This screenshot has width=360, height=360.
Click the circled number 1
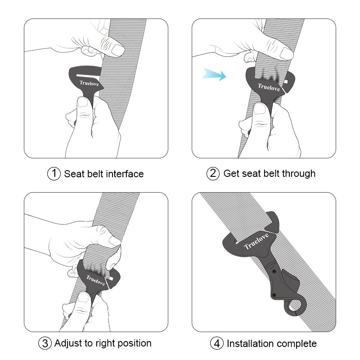point(54,174)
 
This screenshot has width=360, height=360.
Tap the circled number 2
point(213,174)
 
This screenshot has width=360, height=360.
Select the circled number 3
point(45,343)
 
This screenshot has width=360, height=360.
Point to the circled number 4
point(217,344)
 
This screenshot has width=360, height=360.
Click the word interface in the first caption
point(125,174)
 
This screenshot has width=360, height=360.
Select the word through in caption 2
point(299,174)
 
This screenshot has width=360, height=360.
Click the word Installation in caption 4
point(252,344)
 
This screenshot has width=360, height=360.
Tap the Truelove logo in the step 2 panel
point(269,86)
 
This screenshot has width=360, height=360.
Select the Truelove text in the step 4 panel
point(256,241)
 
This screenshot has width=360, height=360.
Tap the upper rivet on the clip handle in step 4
point(274,271)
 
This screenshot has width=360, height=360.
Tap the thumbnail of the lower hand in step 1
point(83,102)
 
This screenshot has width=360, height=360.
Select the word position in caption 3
point(133,343)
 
